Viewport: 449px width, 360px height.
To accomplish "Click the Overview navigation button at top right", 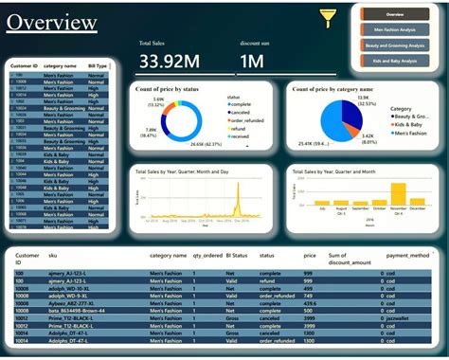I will point(395,14).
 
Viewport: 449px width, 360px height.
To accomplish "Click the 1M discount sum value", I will point(251,62).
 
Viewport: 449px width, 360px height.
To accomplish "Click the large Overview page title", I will point(58,23).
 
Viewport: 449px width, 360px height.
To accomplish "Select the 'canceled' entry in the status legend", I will point(245,114).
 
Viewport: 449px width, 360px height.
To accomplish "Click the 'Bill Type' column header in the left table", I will point(98,66).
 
